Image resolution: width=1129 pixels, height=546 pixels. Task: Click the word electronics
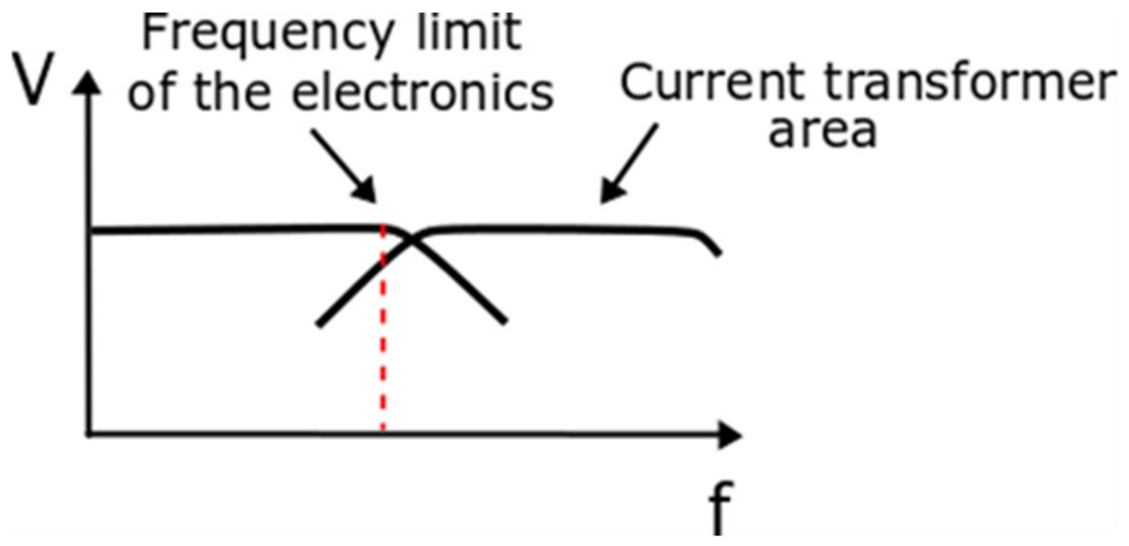click(423, 93)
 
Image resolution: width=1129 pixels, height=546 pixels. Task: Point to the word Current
click(712, 82)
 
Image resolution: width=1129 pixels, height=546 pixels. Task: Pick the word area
click(822, 131)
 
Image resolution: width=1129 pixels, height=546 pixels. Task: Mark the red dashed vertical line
click(383, 343)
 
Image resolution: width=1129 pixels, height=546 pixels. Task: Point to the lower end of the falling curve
click(504, 322)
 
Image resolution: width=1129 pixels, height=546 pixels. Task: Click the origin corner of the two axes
click(89, 435)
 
